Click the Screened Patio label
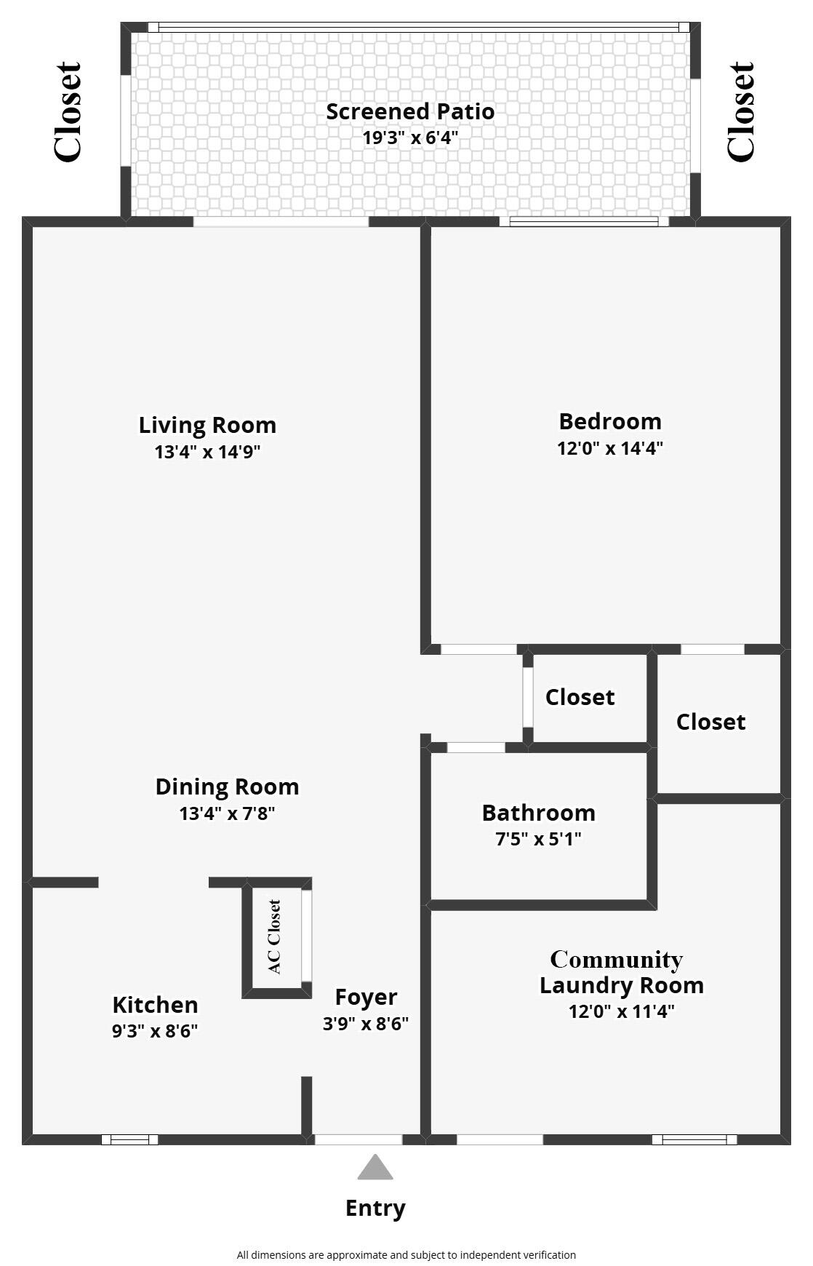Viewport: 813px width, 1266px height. point(410,111)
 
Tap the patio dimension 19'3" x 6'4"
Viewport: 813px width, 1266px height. point(410,137)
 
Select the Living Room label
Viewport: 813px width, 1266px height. point(207,425)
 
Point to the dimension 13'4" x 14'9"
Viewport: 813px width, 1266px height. point(207,452)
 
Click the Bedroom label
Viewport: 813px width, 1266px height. point(610,421)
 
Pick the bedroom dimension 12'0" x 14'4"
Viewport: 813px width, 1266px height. point(610,448)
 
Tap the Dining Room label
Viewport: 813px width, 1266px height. point(227,787)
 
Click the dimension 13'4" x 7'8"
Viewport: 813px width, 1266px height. point(227,813)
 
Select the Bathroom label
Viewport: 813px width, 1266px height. point(538,812)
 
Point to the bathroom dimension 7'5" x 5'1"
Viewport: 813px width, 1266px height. point(538,839)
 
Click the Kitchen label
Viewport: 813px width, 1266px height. point(155,1005)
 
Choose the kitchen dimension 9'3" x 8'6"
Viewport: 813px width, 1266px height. point(155,1031)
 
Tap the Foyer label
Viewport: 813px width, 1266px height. point(366,997)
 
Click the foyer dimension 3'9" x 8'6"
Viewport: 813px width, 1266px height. point(366,1024)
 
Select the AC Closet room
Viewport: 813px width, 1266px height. point(274,937)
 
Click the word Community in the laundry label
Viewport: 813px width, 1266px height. point(616,960)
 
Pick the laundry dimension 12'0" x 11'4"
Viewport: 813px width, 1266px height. point(622,1011)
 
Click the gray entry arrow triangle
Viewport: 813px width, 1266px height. point(375,1169)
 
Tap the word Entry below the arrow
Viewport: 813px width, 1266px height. point(375,1208)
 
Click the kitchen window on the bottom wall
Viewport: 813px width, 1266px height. point(129,1139)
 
